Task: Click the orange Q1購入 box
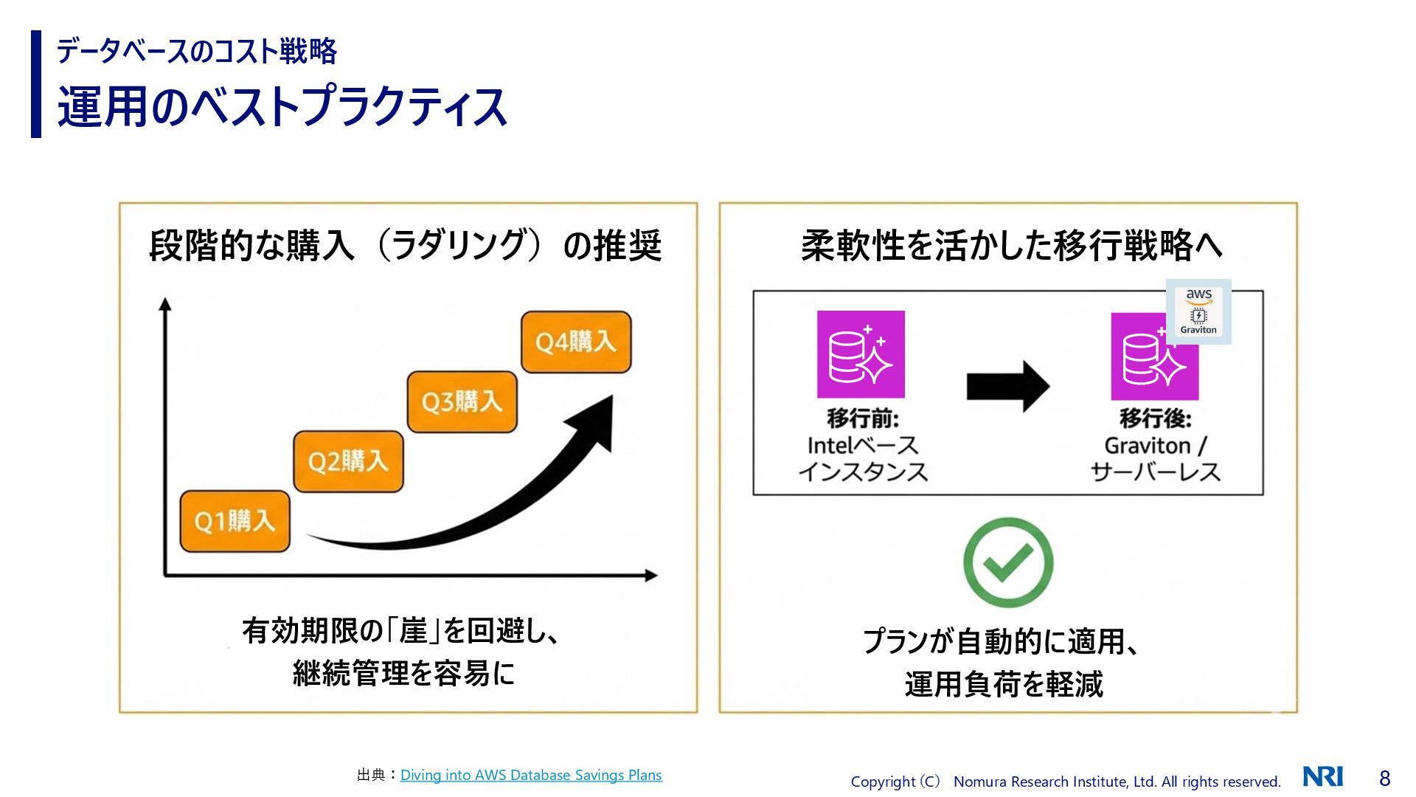tap(235, 522)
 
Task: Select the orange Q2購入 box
tap(348, 462)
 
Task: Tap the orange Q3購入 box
tap(462, 402)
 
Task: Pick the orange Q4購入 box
tap(575, 342)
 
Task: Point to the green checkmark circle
tap(1007, 562)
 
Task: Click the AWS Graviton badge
tap(1198, 311)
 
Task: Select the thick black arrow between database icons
tap(1007, 385)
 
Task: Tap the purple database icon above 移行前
tap(861, 355)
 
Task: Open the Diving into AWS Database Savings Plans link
tap(531, 775)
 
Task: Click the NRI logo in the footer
tap(1323, 776)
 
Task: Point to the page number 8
tap(1384, 778)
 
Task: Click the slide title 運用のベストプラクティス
tap(282, 107)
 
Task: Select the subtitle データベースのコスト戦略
tap(197, 51)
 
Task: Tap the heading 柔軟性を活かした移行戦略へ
tap(1011, 246)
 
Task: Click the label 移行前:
tap(863, 418)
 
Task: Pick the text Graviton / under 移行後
tap(1155, 446)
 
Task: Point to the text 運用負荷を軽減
tap(1004, 684)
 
